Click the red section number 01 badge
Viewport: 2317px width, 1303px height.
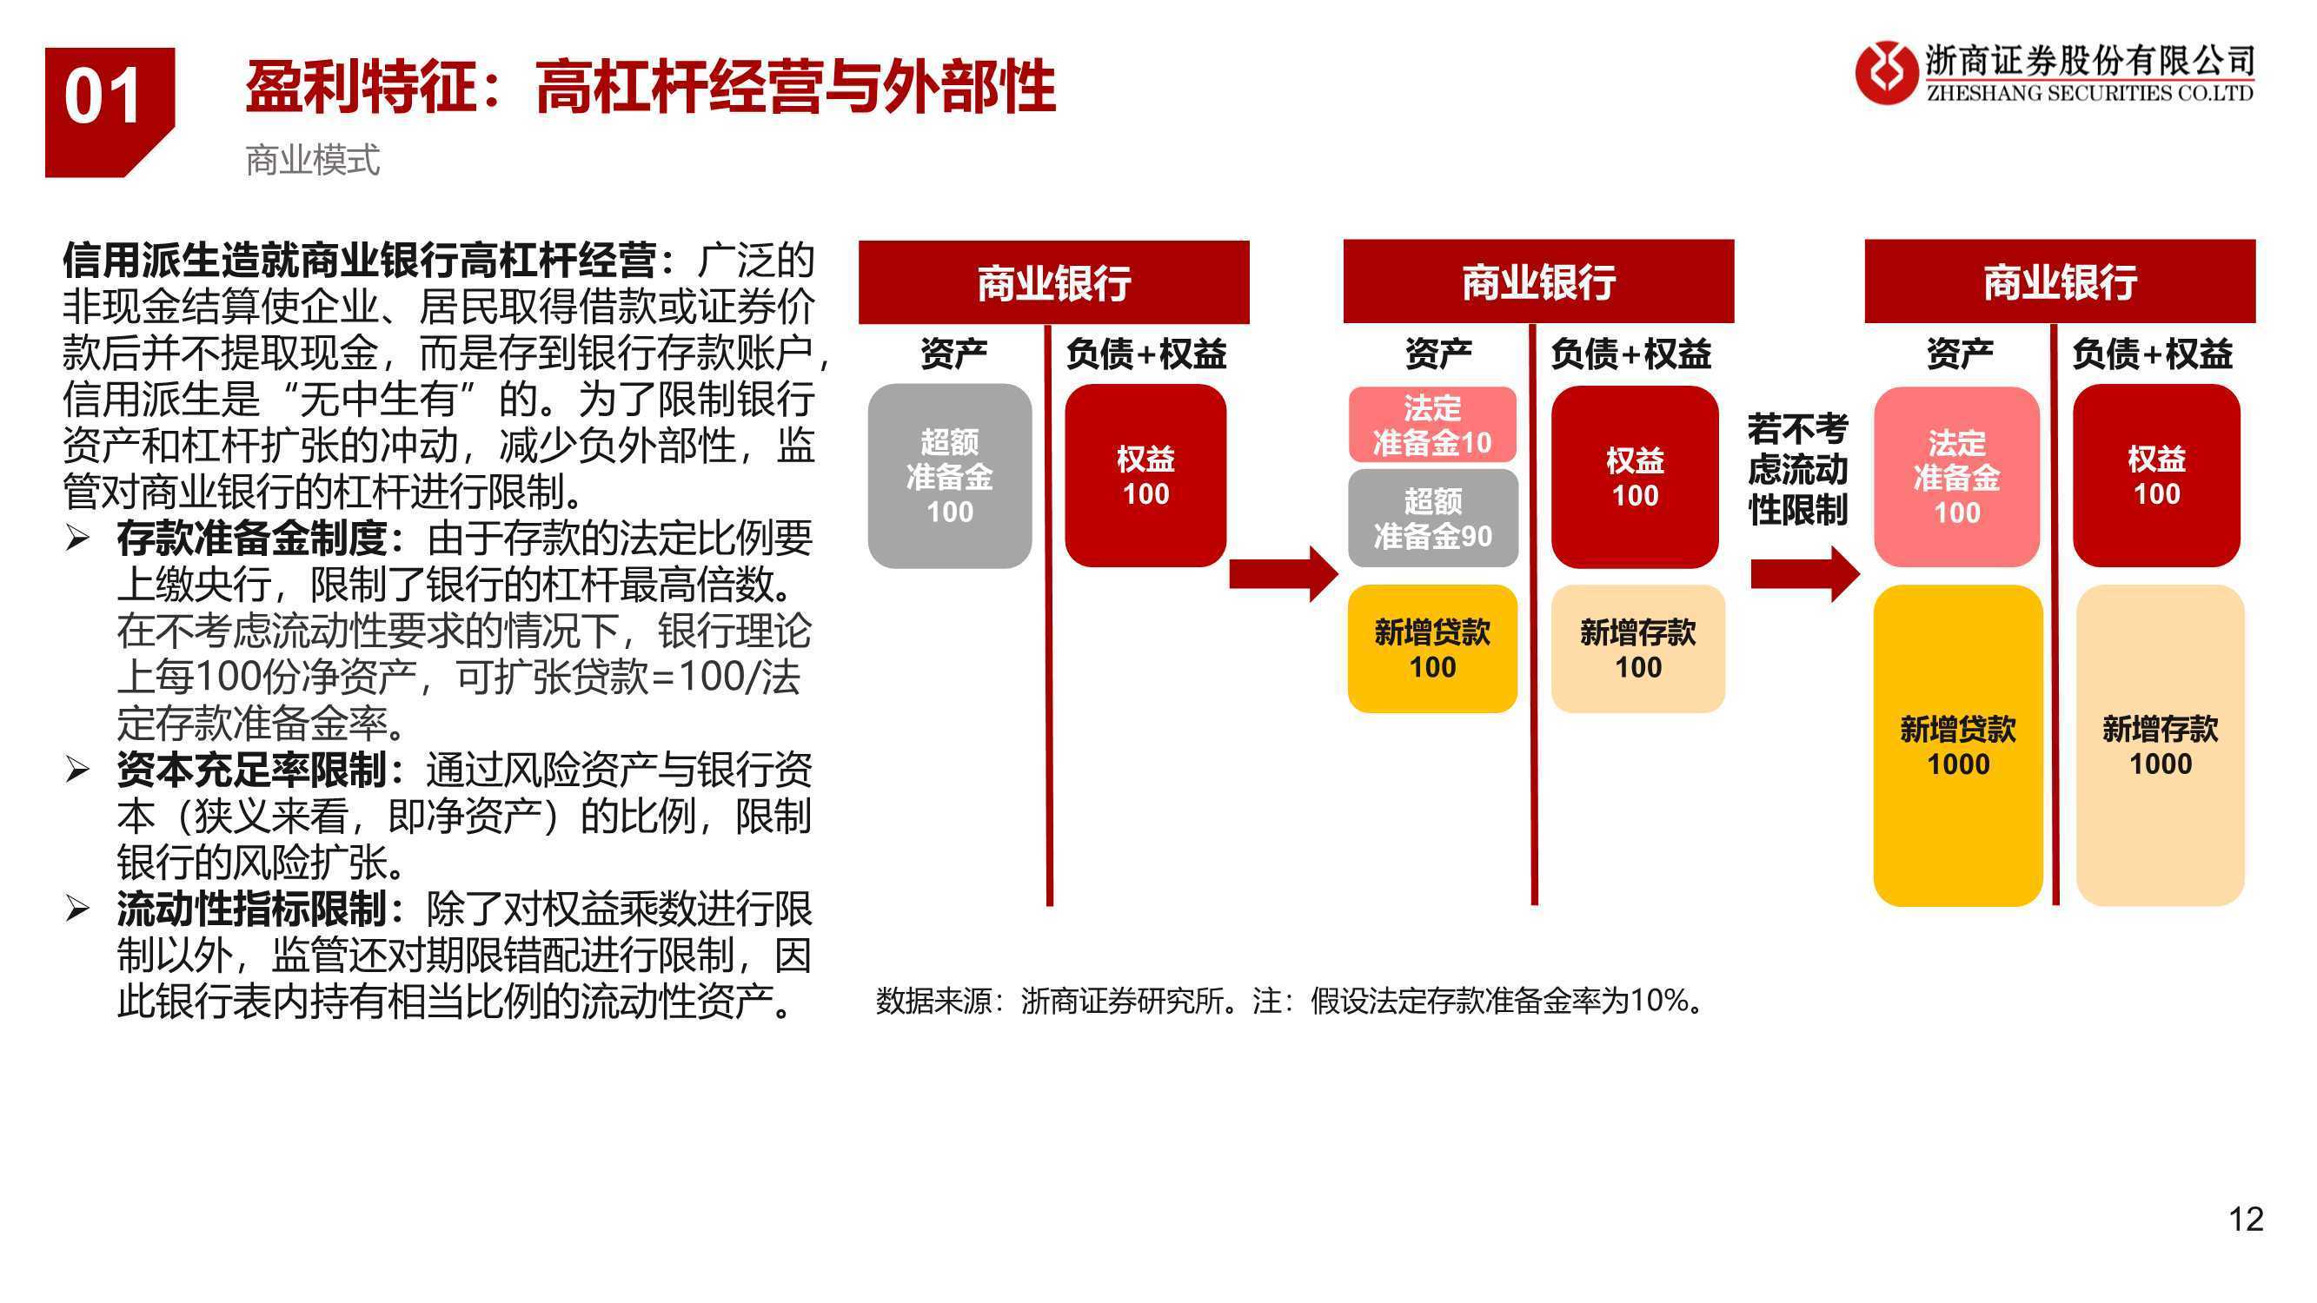pos(110,111)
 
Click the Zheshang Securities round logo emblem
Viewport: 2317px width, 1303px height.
pos(1886,72)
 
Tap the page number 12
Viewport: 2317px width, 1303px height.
pos(2246,1219)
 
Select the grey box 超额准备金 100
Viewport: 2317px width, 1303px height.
pos(950,476)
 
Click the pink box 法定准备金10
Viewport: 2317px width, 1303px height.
pos(1432,425)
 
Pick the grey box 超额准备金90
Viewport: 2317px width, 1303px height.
pos(1433,518)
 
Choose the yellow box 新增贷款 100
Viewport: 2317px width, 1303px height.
pos(1433,648)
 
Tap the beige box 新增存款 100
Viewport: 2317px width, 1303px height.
pos(1638,648)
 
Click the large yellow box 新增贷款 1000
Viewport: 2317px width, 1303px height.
pos(1958,745)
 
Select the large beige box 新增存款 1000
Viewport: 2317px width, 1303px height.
pos(2161,745)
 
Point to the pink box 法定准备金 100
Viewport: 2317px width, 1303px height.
pos(1957,477)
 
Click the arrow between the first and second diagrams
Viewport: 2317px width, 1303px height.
pos(1284,573)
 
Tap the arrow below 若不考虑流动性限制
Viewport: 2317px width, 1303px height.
pos(1805,573)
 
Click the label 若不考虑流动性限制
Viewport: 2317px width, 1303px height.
pos(1797,469)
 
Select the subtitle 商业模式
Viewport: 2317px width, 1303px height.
pos(313,160)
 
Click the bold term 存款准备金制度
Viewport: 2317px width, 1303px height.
pos(252,539)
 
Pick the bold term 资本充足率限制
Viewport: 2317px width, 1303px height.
pos(252,770)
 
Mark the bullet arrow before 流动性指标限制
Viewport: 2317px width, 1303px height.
pos(77,910)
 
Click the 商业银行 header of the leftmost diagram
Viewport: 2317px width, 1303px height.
pos(1054,282)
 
